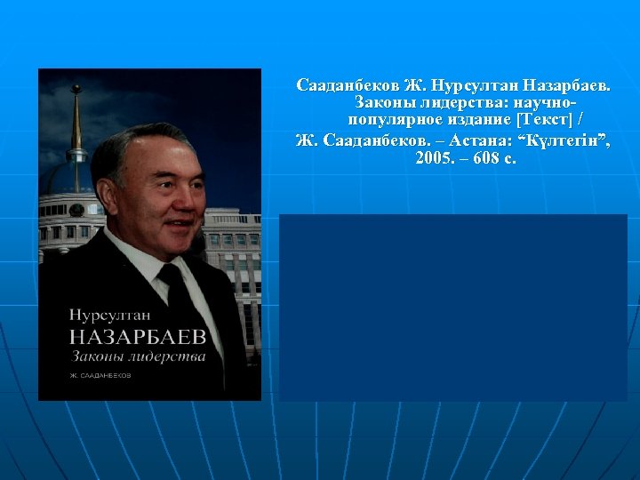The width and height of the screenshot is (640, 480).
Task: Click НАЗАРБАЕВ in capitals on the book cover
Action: click(x=137, y=335)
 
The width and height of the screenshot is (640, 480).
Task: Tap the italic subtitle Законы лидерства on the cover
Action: click(x=137, y=356)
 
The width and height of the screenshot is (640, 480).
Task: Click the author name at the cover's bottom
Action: click(x=100, y=376)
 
